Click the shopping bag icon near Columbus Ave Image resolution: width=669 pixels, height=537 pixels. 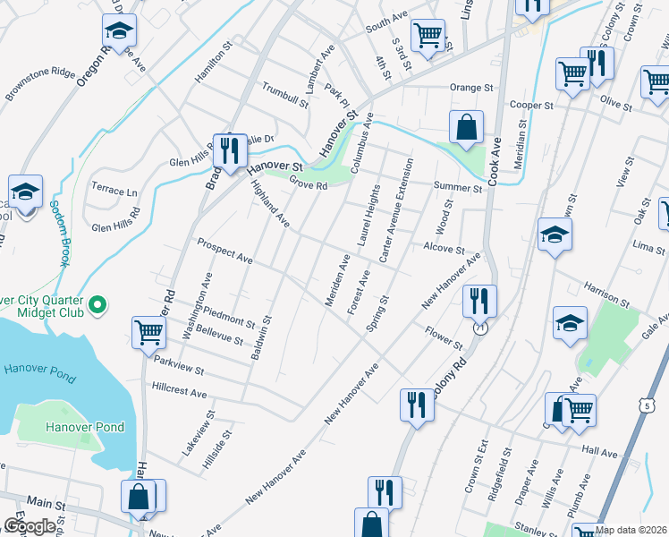(x=466, y=127)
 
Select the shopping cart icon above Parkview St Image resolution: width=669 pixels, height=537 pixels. (x=148, y=333)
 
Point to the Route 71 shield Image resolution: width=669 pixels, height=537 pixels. (x=480, y=328)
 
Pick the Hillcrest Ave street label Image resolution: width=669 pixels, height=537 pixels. (x=179, y=392)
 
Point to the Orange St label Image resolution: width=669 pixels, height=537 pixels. (x=471, y=88)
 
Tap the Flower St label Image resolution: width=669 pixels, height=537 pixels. (x=444, y=339)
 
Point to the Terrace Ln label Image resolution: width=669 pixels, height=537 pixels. (x=114, y=192)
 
